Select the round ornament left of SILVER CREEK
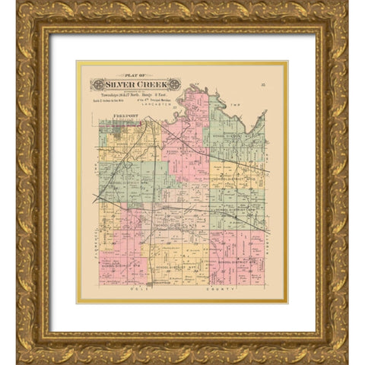point(97,84)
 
